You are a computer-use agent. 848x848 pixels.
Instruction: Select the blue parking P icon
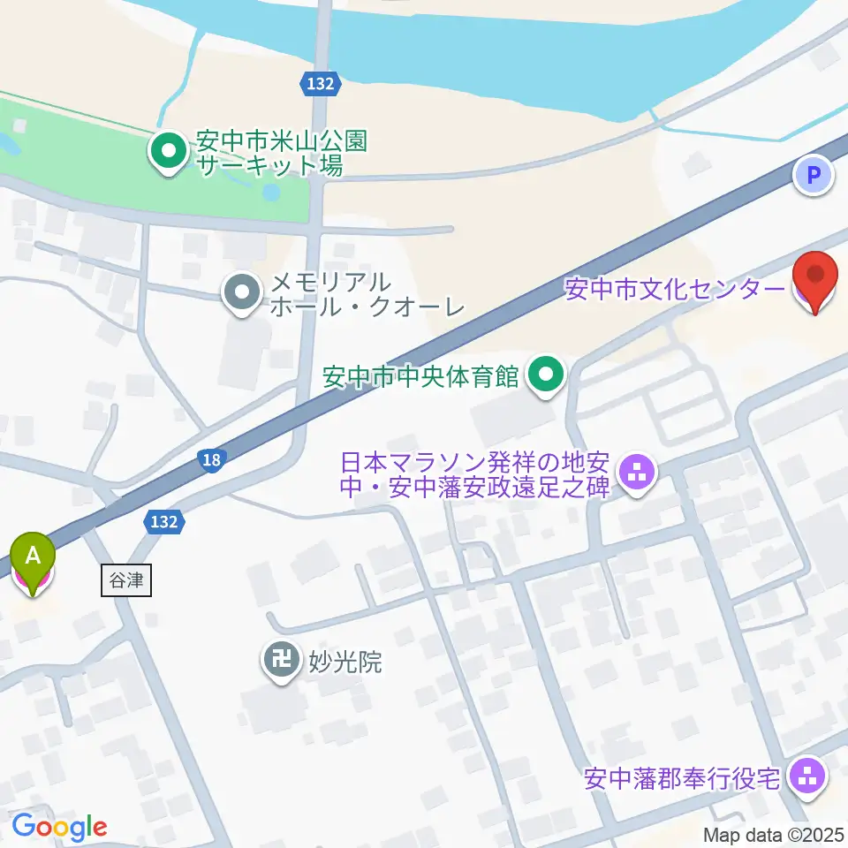tap(814, 174)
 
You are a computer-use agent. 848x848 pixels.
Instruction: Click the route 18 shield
tap(210, 459)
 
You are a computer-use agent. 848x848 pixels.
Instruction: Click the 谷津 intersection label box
tap(126, 581)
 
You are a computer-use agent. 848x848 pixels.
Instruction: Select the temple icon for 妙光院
tap(282, 660)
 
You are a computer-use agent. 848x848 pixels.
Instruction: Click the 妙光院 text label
tap(344, 661)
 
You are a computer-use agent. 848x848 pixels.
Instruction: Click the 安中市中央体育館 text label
tap(420, 377)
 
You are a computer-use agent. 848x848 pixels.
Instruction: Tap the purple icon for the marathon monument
tap(636, 472)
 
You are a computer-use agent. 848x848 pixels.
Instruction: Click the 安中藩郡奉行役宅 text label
tap(682, 779)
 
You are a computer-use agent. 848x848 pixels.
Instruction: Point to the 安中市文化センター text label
tap(673, 290)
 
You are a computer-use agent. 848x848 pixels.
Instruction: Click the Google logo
tap(59, 828)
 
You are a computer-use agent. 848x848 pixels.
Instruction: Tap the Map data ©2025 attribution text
tap(774, 834)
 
